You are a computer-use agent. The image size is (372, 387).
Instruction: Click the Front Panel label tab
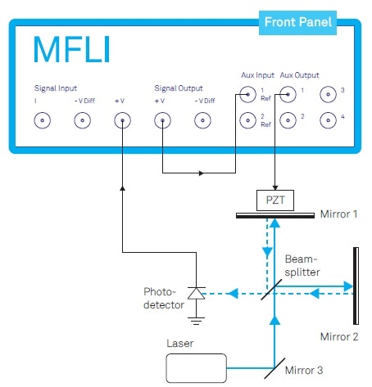(x=297, y=23)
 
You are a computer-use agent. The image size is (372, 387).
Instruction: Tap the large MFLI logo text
(x=72, y=50)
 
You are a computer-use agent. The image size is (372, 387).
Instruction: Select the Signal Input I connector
(x=43, y=120)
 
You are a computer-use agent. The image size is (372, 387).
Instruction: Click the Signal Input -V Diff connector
(x=83, y=120)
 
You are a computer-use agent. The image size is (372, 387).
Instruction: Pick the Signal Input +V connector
(x=122, y=120)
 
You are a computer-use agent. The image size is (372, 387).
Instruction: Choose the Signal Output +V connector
(x=162, y=120)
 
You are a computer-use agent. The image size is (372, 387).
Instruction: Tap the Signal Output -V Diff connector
(x=202, y=120)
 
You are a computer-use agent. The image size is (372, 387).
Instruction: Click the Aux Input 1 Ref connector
(x=248, y=94)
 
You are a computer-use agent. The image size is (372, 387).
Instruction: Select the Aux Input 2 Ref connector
(x=248, y=120)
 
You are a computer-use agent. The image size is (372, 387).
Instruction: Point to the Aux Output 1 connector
(x=288, y=94)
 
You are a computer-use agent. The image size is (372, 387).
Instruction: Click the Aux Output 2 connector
(x=288, y=120)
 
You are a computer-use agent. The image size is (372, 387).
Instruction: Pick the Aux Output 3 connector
(x=328, y=94)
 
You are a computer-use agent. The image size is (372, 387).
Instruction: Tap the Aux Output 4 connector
(x=328, y=120)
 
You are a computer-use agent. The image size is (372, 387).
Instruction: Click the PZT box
(x=275, y=200)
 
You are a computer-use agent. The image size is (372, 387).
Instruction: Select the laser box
(x=197, y=368)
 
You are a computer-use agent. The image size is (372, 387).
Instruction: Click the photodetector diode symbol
(x=197, y=294)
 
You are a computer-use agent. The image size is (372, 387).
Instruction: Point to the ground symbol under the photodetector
(x=196, y=321)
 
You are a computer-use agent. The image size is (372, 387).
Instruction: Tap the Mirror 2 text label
(x=339, y=337)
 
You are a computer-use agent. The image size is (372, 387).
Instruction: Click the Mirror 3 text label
(x=304, y=371)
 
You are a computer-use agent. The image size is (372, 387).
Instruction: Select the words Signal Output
(x=179, y=88)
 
